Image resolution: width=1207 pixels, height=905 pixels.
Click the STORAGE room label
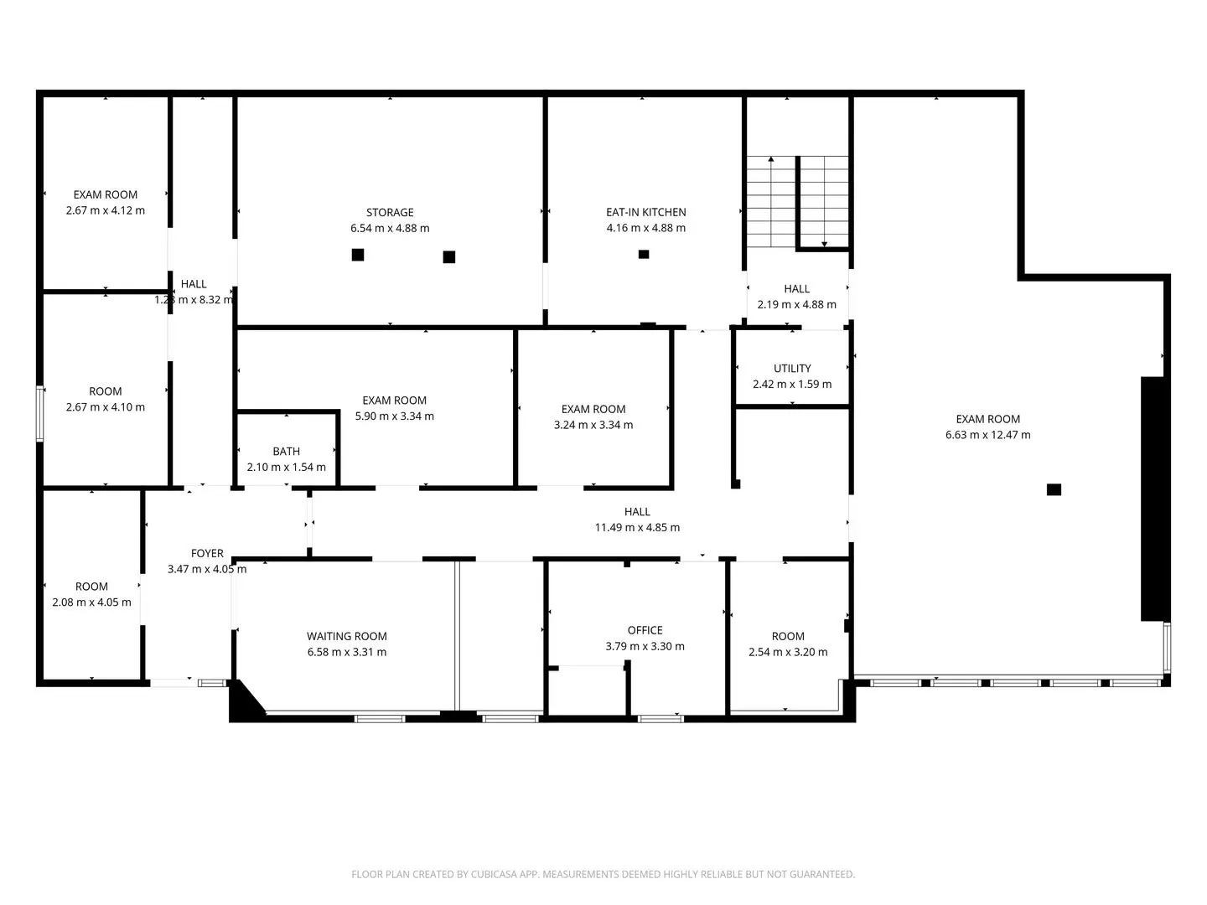(389, 212)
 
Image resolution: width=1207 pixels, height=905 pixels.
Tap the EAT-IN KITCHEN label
(645, 212)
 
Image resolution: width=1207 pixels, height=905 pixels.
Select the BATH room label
(286, 451)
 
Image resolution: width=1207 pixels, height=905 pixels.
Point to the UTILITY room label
(792, 368)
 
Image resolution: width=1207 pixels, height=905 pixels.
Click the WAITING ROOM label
(346, 636)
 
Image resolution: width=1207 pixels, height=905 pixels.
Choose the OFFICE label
(645, 630)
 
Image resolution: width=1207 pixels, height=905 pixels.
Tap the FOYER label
(207, 553)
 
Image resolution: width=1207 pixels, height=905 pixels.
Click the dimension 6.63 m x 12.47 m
(987, 435)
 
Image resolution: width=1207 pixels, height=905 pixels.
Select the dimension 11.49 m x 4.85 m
(637, 528)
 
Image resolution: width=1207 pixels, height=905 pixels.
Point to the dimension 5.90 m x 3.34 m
(394, 416)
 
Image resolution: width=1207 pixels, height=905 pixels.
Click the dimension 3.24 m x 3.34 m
(593, 425)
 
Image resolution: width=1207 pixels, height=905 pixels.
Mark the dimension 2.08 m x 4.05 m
(91, 602)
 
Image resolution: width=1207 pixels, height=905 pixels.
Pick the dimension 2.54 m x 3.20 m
(787, 652)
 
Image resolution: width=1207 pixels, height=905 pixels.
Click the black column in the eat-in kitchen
(644, 254)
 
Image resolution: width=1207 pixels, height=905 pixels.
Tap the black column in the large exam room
(1053, 489)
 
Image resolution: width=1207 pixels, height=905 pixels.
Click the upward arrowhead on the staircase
(771, 159)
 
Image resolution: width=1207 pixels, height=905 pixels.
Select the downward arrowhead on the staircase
(824, 245)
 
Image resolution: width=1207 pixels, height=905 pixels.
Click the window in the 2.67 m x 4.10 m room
(39, 414)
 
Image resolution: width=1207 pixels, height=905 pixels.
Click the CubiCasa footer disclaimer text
(603, 874)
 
